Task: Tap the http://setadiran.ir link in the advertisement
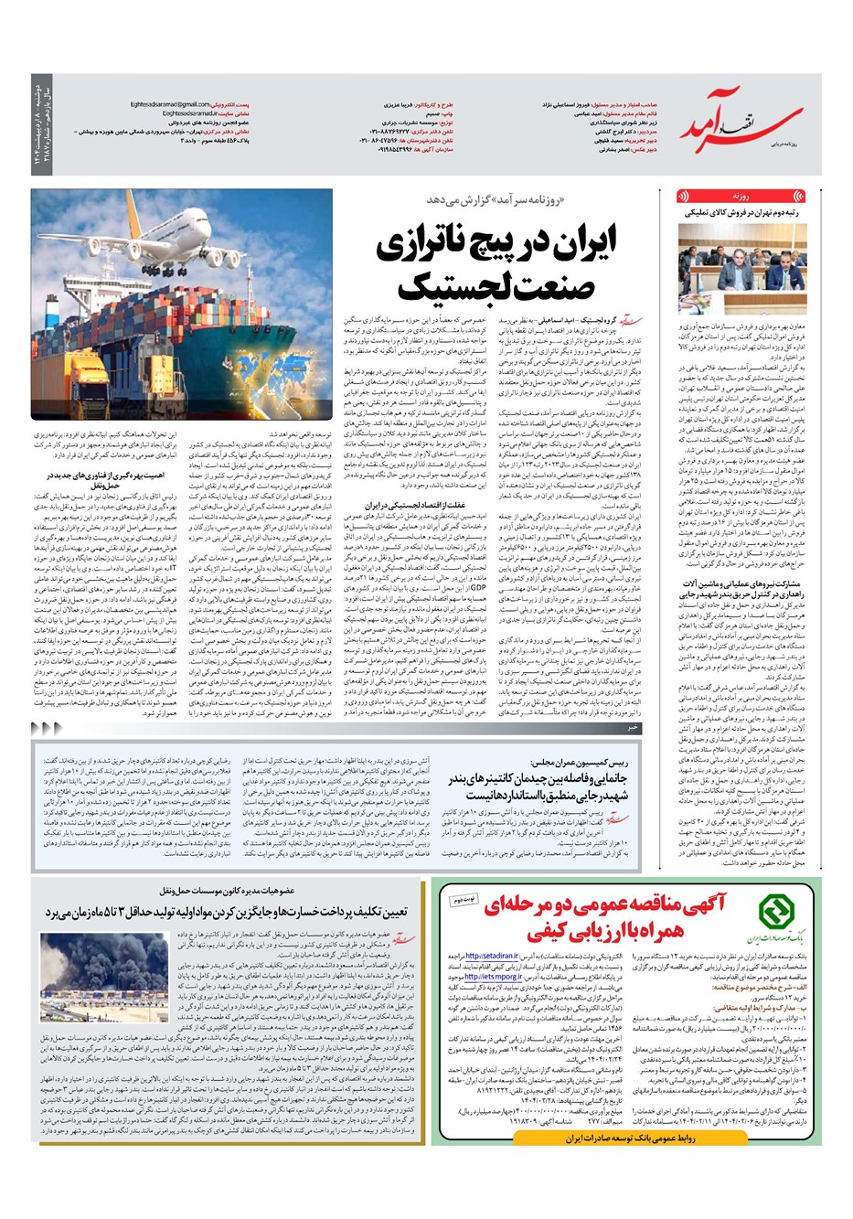point(522,953)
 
